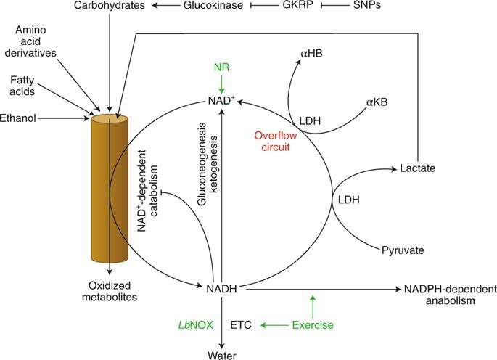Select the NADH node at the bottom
coord(223,289)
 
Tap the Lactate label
coord(416,168)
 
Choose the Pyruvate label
coord(402,250)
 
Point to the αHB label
coord(311,54)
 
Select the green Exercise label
coord(313,325)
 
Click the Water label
coord(222,353)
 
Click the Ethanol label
coord(18,117)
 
